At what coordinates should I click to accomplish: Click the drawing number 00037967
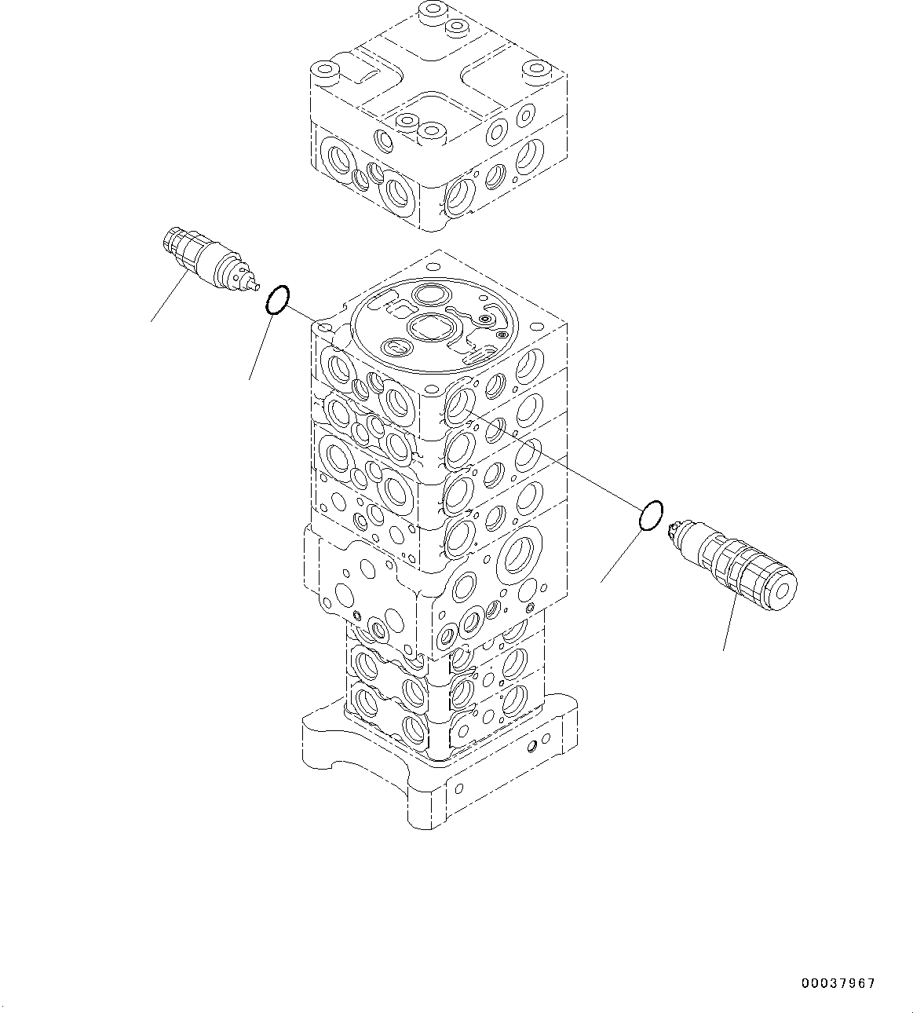pos(838,982)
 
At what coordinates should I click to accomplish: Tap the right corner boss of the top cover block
pos(539,71)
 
